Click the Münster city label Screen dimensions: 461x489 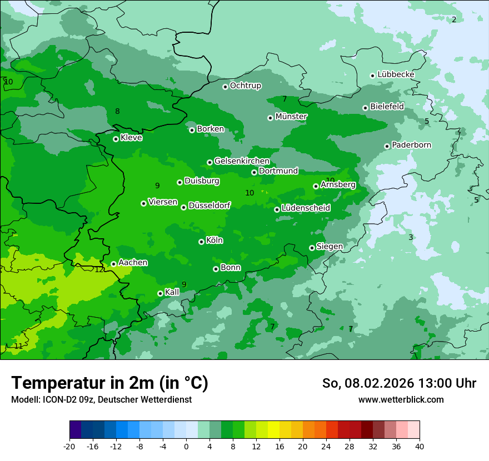click(291, 117)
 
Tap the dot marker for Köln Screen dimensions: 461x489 click(201, 242)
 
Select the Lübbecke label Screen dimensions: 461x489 click(396, 74)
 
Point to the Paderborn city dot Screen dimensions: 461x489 click(387, 147)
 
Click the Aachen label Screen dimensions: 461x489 click(133, 263)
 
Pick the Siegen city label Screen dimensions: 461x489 click(330, 247)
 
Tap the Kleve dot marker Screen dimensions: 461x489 click(116, 139)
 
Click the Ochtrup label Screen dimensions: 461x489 click(246, 86)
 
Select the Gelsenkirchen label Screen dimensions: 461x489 click(242, 161)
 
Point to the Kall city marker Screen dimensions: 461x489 click(160, 293)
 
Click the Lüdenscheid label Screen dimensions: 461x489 click(306, 208)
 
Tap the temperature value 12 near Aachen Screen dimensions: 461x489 click(99, 269)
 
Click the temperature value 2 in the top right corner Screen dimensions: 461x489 click(453, 19)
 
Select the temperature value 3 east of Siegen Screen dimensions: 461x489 click(411, 237)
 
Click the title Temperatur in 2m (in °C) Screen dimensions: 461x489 click(109, 383)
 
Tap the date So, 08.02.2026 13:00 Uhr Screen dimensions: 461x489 click(399, 383)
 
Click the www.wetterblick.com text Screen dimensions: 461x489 click(401, 399)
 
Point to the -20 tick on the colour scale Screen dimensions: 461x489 click(69, 446)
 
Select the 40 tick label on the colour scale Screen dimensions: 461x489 click(419, 446)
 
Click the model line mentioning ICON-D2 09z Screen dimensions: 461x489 click(101, 399)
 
